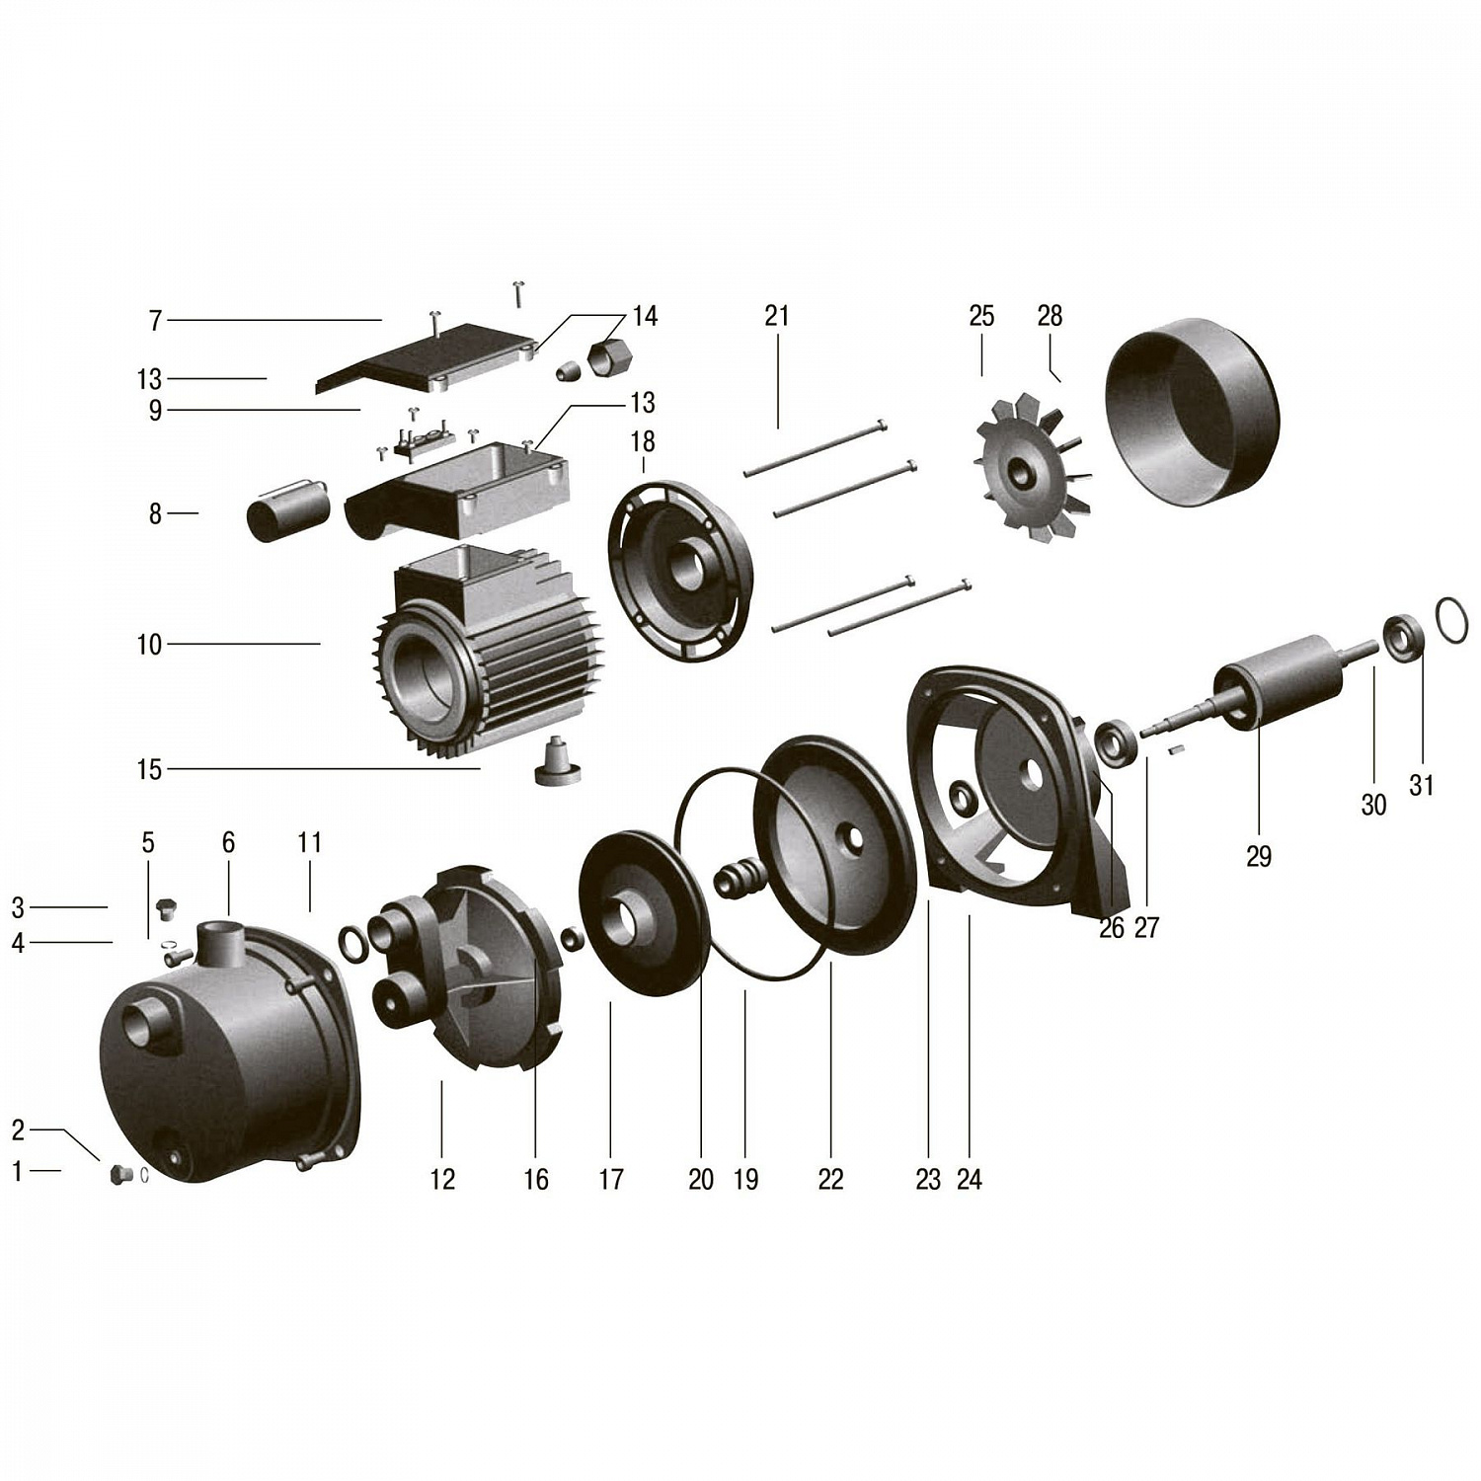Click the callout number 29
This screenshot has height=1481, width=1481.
tap(1258, 856)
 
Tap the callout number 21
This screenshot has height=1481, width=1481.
tap(777, 316)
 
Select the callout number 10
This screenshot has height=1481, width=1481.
tap(149, 645)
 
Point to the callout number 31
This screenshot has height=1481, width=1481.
tap(1421, 785)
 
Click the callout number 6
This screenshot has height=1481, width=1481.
tap(228, 842)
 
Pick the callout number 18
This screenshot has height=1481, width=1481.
tap(643, 441)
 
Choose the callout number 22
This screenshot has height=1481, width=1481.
tap(830, 1179)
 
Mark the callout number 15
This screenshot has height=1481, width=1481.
tap(149, 769)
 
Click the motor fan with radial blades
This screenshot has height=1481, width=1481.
tap(1033, 468)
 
